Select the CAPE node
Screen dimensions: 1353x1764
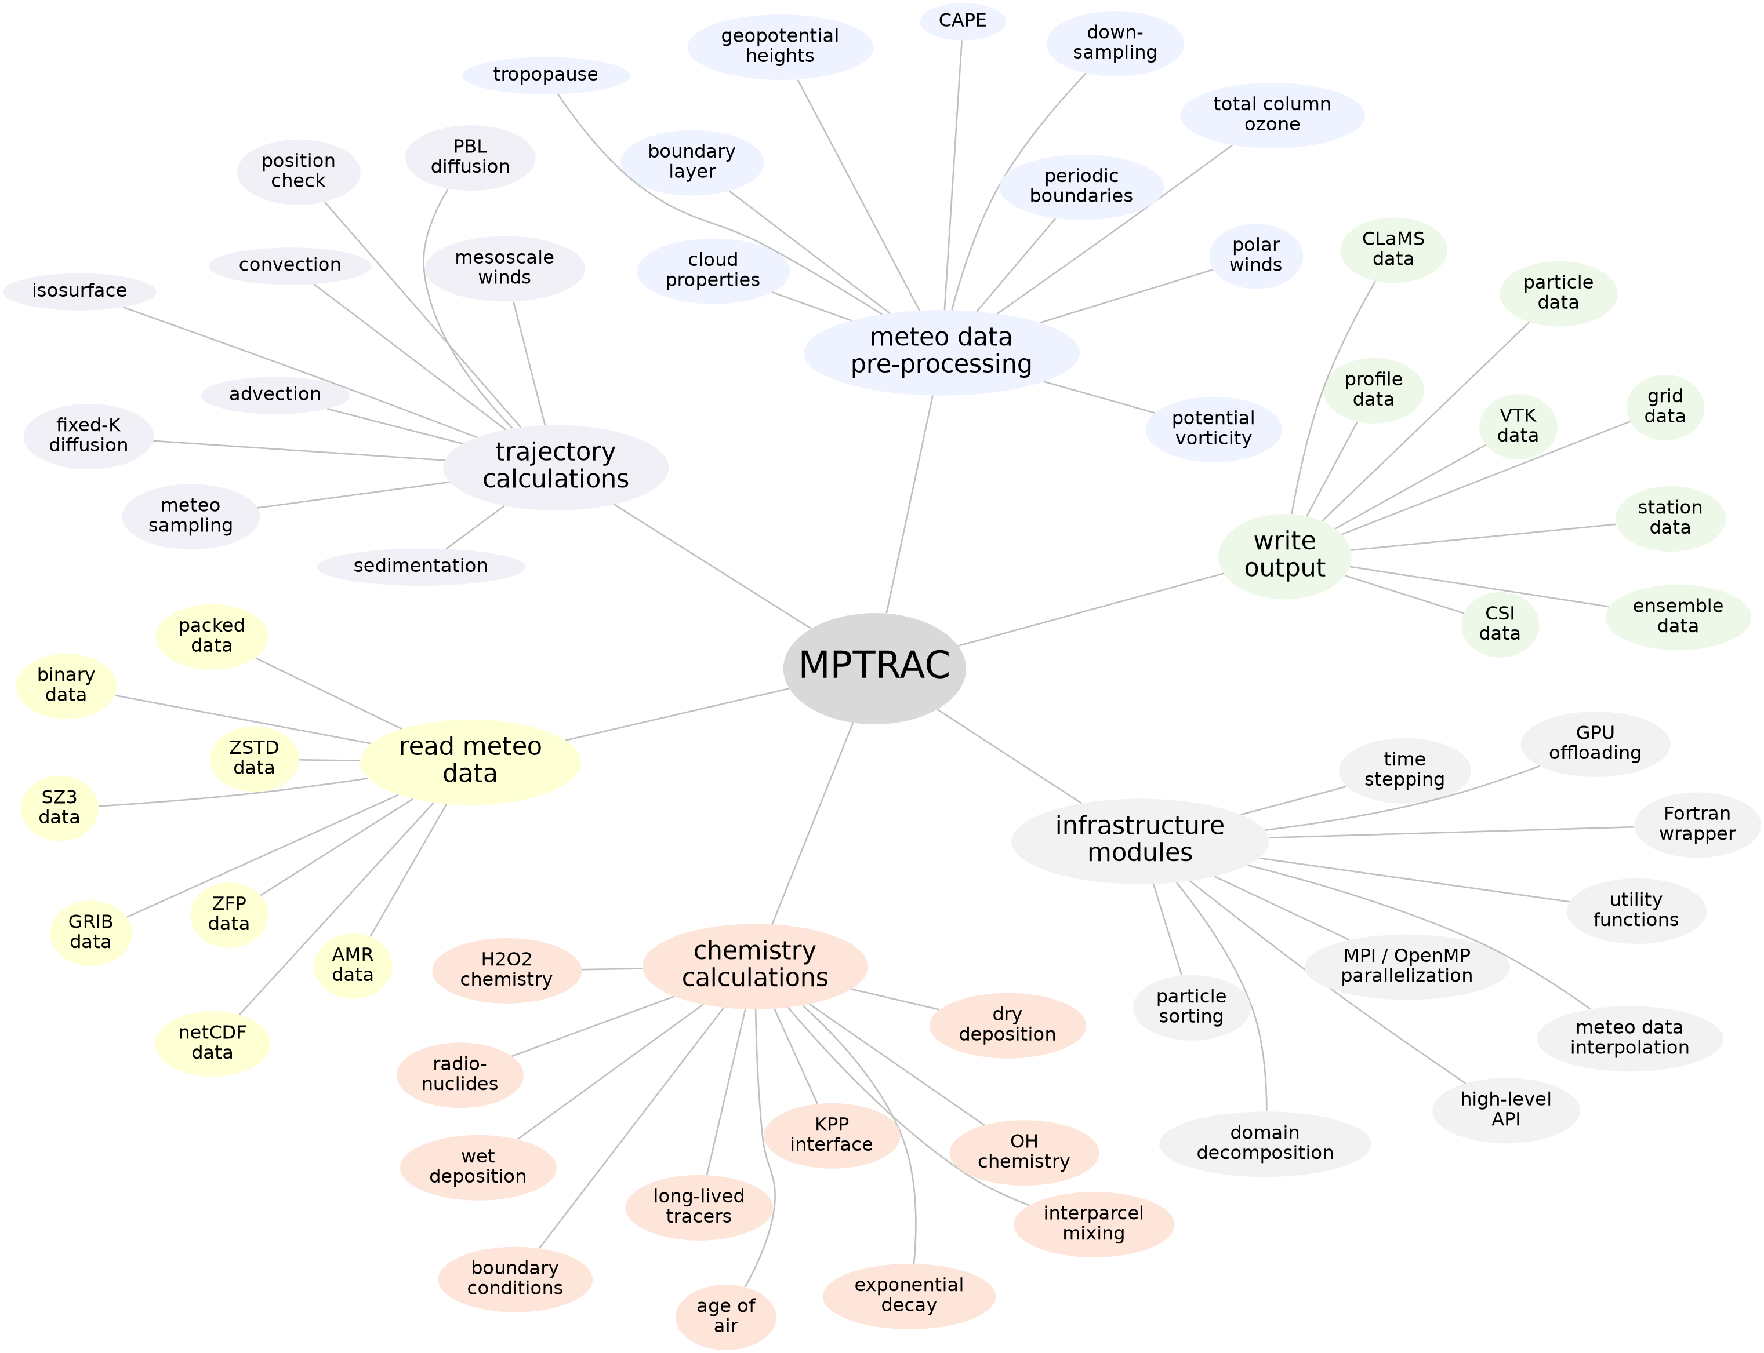962,21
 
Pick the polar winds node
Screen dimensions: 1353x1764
1255,256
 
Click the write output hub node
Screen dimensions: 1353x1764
1284,555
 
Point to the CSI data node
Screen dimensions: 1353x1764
1499,624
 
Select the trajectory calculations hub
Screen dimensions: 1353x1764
555,466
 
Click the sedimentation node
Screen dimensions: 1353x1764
420,566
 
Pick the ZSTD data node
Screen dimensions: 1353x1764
254,758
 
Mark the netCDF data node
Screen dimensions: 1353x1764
212,1043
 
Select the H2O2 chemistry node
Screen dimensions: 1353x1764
506,969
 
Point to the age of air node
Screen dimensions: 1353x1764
725,1316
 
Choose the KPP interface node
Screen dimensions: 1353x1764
831,1135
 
